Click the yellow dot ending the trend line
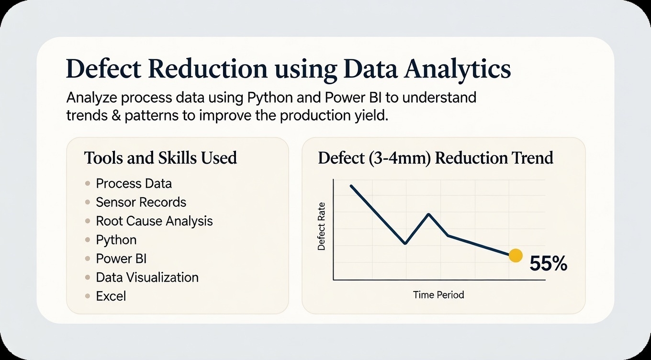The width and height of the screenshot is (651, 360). (x=516, y=256)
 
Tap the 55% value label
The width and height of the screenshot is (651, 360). (x=549, y=263)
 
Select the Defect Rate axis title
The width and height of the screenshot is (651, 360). (x=322, y=226)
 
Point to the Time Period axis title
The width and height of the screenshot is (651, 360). (x=438, y=295)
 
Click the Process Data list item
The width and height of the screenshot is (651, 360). (x=134, y=184)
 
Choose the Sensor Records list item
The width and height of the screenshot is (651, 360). (x=141, y=202)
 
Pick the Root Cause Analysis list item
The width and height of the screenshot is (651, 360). (x=154, y=221)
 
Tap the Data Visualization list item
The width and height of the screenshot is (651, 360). (x=147, y=278)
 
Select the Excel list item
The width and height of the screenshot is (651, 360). (x=111, y=296)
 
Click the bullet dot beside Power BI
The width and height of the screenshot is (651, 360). (x=88, y=259)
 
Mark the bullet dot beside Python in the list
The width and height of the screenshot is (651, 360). (x=88, y=240)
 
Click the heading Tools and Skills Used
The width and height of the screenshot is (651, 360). (x=160, y=158)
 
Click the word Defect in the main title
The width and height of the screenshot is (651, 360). (x=104, y=69)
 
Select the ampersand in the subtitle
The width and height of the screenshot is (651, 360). (x=116, y=116)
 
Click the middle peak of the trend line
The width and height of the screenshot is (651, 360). (x=429, y=214)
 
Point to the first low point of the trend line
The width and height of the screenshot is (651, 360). (x=405, y=243)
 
